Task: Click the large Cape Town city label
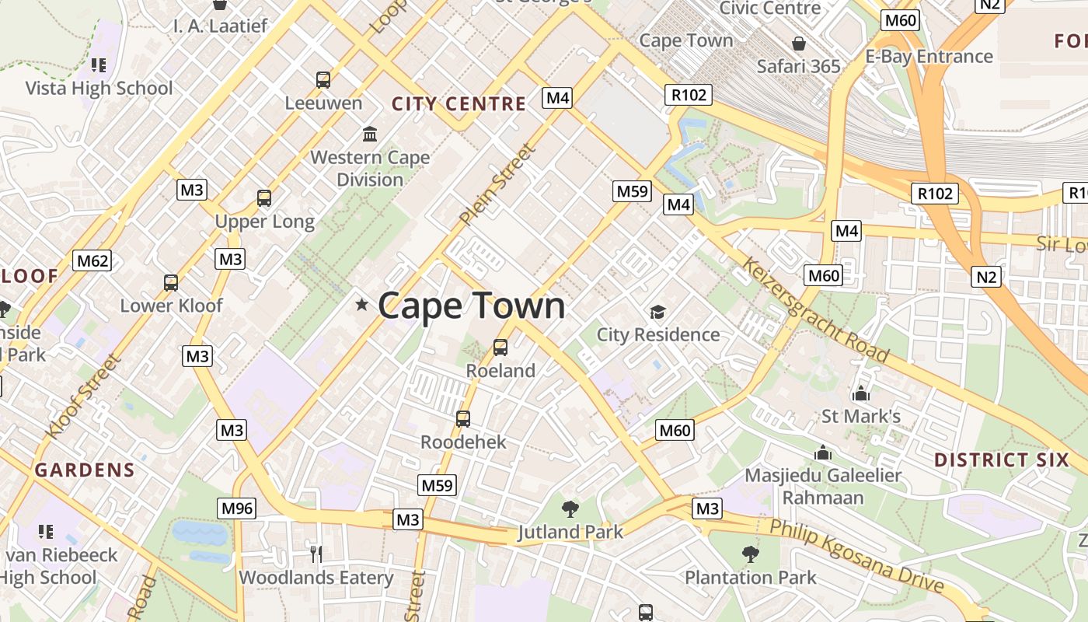click(x=471, y=306)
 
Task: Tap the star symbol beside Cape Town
click(x=361, y=304)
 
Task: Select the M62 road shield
click(x=92, y=260)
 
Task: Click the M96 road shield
click(x=237, y=508)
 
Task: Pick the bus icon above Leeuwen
click(x=323, y=79)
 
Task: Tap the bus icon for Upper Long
click(x=264, y=198)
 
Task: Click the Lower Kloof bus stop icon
click(x=171, y=283)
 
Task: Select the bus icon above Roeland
click(x=500, y=348)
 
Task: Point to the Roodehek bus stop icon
click(x=463, y=419)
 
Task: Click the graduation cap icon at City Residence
click(x=658, y=313)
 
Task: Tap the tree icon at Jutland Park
click(x=570, y=509)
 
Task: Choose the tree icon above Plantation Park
click(x=750, y=554)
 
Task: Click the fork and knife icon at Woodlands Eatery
click(x=316, y=554)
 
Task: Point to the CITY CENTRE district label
click(x=459, y=104)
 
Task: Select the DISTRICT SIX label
click(x=1002, y=460)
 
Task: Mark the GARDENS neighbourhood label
click(x=85, y=470)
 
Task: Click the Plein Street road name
click(x=497, y=185)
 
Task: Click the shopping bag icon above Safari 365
click(x=798, y=44)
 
